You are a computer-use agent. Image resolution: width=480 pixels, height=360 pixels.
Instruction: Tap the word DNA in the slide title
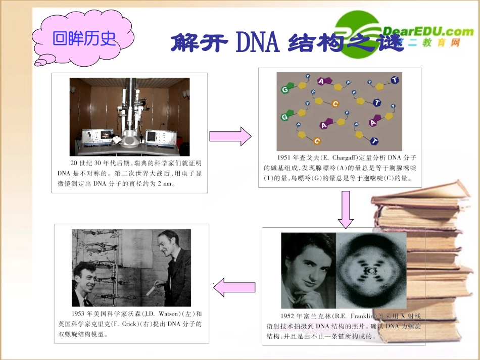[x=257, y=43]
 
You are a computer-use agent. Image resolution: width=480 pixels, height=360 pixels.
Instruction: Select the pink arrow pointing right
[x=230, y=136]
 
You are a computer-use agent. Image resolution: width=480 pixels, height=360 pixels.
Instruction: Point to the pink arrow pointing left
[x=234, y=288]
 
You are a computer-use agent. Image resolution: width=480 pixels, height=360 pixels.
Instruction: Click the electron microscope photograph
[x=129, y=117]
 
